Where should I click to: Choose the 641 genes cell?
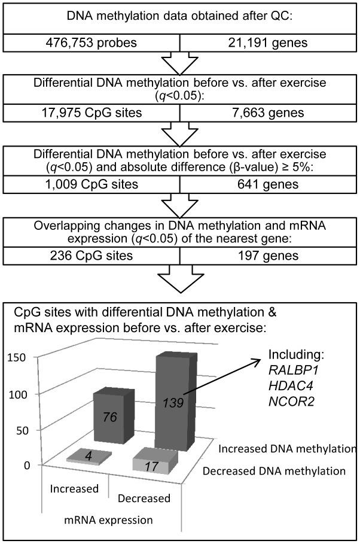(x=269, y=184)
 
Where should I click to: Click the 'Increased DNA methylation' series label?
(x=288, y=448)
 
